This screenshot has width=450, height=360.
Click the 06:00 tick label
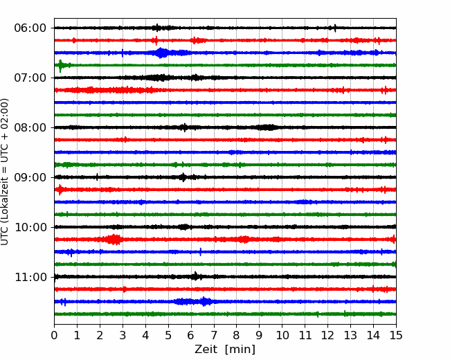pos(30,28)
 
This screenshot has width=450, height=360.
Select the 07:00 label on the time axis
pos(30,78)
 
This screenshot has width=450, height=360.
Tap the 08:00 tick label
pos(30,127)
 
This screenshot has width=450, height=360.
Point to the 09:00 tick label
pos(30,177)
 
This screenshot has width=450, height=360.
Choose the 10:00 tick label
pos(30,227)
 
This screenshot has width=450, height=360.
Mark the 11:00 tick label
pos(30,277)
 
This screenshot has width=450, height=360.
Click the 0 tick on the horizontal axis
pos(54,335)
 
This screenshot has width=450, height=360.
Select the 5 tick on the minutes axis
pos(168,335)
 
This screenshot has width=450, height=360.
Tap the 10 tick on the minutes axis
pos(282,335)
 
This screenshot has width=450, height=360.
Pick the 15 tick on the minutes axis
pos(396,335)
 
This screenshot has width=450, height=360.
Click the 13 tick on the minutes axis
pos(350,335)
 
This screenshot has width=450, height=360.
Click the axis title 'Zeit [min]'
pos(225,349)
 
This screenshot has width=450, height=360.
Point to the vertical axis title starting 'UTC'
pos(5,172)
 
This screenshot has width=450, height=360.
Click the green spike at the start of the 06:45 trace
pos(60,66)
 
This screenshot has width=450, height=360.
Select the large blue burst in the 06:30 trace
pos(161,53)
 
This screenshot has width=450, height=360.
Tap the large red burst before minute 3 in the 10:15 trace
pos(114,240)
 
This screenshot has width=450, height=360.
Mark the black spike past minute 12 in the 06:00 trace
pos(335,28)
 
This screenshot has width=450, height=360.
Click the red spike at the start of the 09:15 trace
pos(60,190)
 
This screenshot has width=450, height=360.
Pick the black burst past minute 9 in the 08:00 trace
pos(267,127)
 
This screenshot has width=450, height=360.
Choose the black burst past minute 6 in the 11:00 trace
pos(196,276)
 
